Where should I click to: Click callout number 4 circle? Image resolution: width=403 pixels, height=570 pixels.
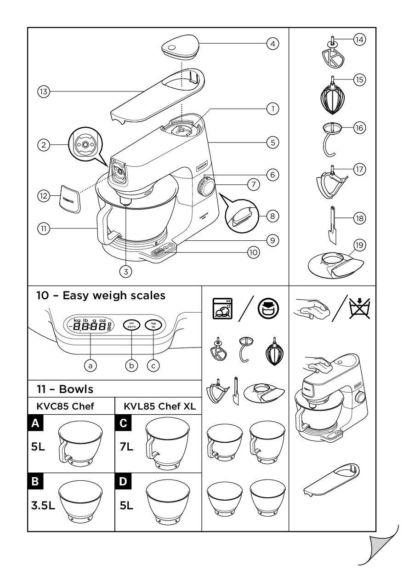pyautogui.click(x=272, y=44)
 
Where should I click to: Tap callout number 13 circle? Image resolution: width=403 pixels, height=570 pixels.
pyautogui.click(x=43, y=92)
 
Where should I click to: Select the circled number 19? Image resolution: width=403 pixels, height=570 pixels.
pyautogui.click(x=359, y=245)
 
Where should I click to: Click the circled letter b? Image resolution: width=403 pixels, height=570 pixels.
pyautogui.click(x=132, y=365)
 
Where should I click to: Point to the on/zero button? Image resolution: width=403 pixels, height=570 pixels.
pyautogui.click(x=132, y=326)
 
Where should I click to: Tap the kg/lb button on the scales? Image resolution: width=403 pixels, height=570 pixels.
pyautogui.click(x=153, y=326)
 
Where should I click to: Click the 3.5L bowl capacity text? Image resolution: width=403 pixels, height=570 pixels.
pyautogui.click(x=43, y=506)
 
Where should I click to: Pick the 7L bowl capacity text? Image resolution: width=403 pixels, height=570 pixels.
pyautogui.click(x=126, y=447)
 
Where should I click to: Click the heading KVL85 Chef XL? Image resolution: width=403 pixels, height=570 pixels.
pyautogui.click(x=159, y=406)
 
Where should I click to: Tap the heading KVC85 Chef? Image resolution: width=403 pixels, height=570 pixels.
pyautogui.click(x=65, y=406)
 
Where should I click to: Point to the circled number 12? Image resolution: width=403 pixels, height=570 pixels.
pyautogui.click(x=43, y=196)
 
